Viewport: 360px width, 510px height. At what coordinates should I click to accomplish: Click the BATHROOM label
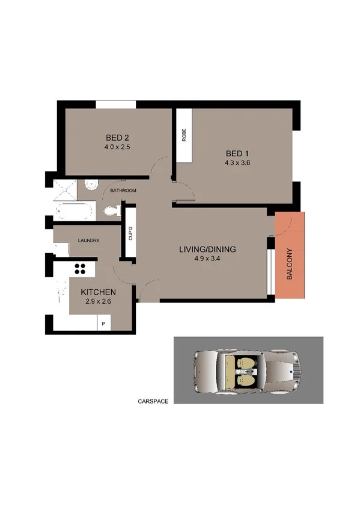tap(123, 191)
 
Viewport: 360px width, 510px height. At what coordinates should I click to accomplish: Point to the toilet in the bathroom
tap(111, 210)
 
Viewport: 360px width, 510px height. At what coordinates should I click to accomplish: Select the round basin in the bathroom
tap(90, 185)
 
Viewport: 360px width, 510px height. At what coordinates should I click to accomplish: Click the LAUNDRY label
tap(88, 241)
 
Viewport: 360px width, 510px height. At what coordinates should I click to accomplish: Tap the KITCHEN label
tap(98, 292)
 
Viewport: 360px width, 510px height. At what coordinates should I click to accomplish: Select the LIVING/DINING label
tap(207, 249)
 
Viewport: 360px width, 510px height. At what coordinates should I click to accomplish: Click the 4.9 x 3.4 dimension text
tap(207, 259)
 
